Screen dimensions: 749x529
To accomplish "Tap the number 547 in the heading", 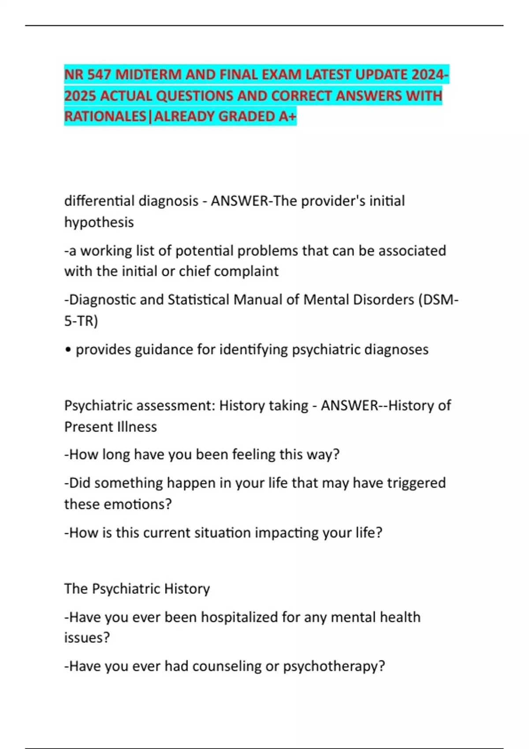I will pyautogui.click(x=99, y=75).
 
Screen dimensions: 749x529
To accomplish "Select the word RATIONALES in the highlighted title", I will pyautogui.click(x=105, y=116).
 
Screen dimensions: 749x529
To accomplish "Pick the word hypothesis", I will pyautogui.click(x=99, y=222).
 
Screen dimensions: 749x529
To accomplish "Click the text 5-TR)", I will pyautogui.click(x=81, y=321).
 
